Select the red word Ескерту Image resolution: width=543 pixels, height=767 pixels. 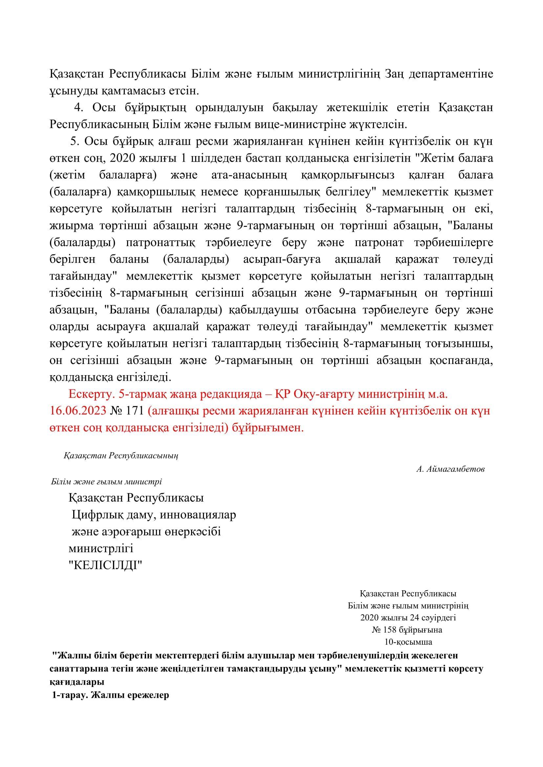(x=87, y=394)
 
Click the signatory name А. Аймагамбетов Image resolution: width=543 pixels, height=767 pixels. (x=450, y=469)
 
